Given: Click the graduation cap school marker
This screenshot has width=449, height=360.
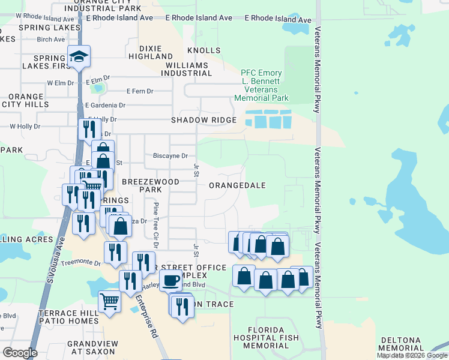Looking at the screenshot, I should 79,57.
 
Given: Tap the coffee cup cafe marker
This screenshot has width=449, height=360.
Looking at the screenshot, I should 170,280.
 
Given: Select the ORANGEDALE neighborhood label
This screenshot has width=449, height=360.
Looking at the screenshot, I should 237,185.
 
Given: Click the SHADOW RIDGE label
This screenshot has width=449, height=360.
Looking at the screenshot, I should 203,120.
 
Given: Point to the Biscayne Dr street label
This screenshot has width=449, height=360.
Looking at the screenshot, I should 170,155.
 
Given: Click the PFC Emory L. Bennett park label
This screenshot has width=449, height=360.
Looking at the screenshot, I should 261,85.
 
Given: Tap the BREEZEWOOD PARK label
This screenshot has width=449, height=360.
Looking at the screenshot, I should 142,185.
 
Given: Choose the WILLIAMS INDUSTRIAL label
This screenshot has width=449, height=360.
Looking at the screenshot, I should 187,69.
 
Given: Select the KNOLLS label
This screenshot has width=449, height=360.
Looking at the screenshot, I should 200,51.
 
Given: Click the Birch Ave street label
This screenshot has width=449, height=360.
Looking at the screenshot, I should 50,40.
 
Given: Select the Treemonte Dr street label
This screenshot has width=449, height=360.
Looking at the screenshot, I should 81,262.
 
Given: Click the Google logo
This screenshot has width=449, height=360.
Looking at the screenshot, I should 20,353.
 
